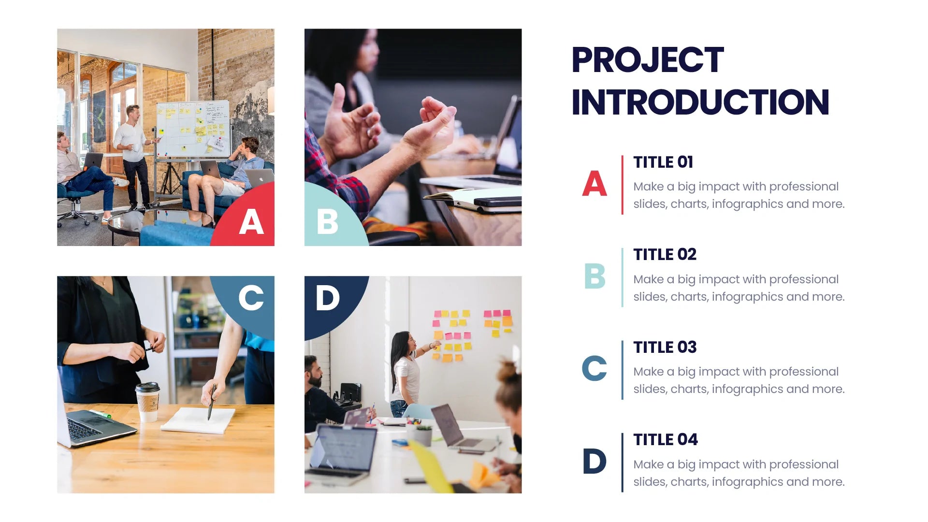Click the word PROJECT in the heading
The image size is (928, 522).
point(647,60)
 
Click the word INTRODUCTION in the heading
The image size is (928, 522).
point(700,102)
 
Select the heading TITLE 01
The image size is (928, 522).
point(663,162)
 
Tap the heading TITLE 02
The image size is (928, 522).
point(665,254)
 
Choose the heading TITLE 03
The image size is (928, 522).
point(665,347)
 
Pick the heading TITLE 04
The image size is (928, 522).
point(665,439)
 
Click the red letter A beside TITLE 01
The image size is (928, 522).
point(594,184)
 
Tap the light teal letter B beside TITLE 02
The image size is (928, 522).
point(594,276)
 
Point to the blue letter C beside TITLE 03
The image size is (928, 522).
point(594,369)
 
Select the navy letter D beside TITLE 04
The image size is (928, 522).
point(594,461)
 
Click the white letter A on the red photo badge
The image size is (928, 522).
point(251,222)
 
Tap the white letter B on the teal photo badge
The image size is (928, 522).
point(327,222)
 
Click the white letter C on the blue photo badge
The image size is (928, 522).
point(251,298)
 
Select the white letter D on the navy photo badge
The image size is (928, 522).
point(327,298)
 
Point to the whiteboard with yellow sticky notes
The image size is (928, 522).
point(193,128)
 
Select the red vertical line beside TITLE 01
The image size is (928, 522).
point(622,185)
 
